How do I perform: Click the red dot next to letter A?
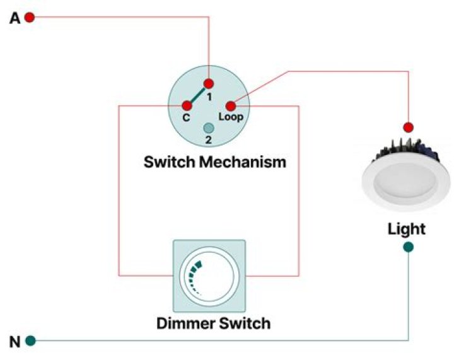pos(29,18)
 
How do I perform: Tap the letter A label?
pos(15,18)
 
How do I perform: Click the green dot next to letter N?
pos(30,341)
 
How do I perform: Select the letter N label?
pos(15,342)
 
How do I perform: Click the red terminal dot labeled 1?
pos(209,84)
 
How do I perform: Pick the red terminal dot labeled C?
pos(187,105)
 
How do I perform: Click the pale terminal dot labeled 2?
pos(209,127)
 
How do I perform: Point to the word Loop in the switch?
pos(230,117)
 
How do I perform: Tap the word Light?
pos(406,228)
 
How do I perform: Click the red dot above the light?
pos(408,127)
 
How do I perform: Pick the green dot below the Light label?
pos(408,247)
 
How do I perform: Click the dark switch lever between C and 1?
pos(198,95)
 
